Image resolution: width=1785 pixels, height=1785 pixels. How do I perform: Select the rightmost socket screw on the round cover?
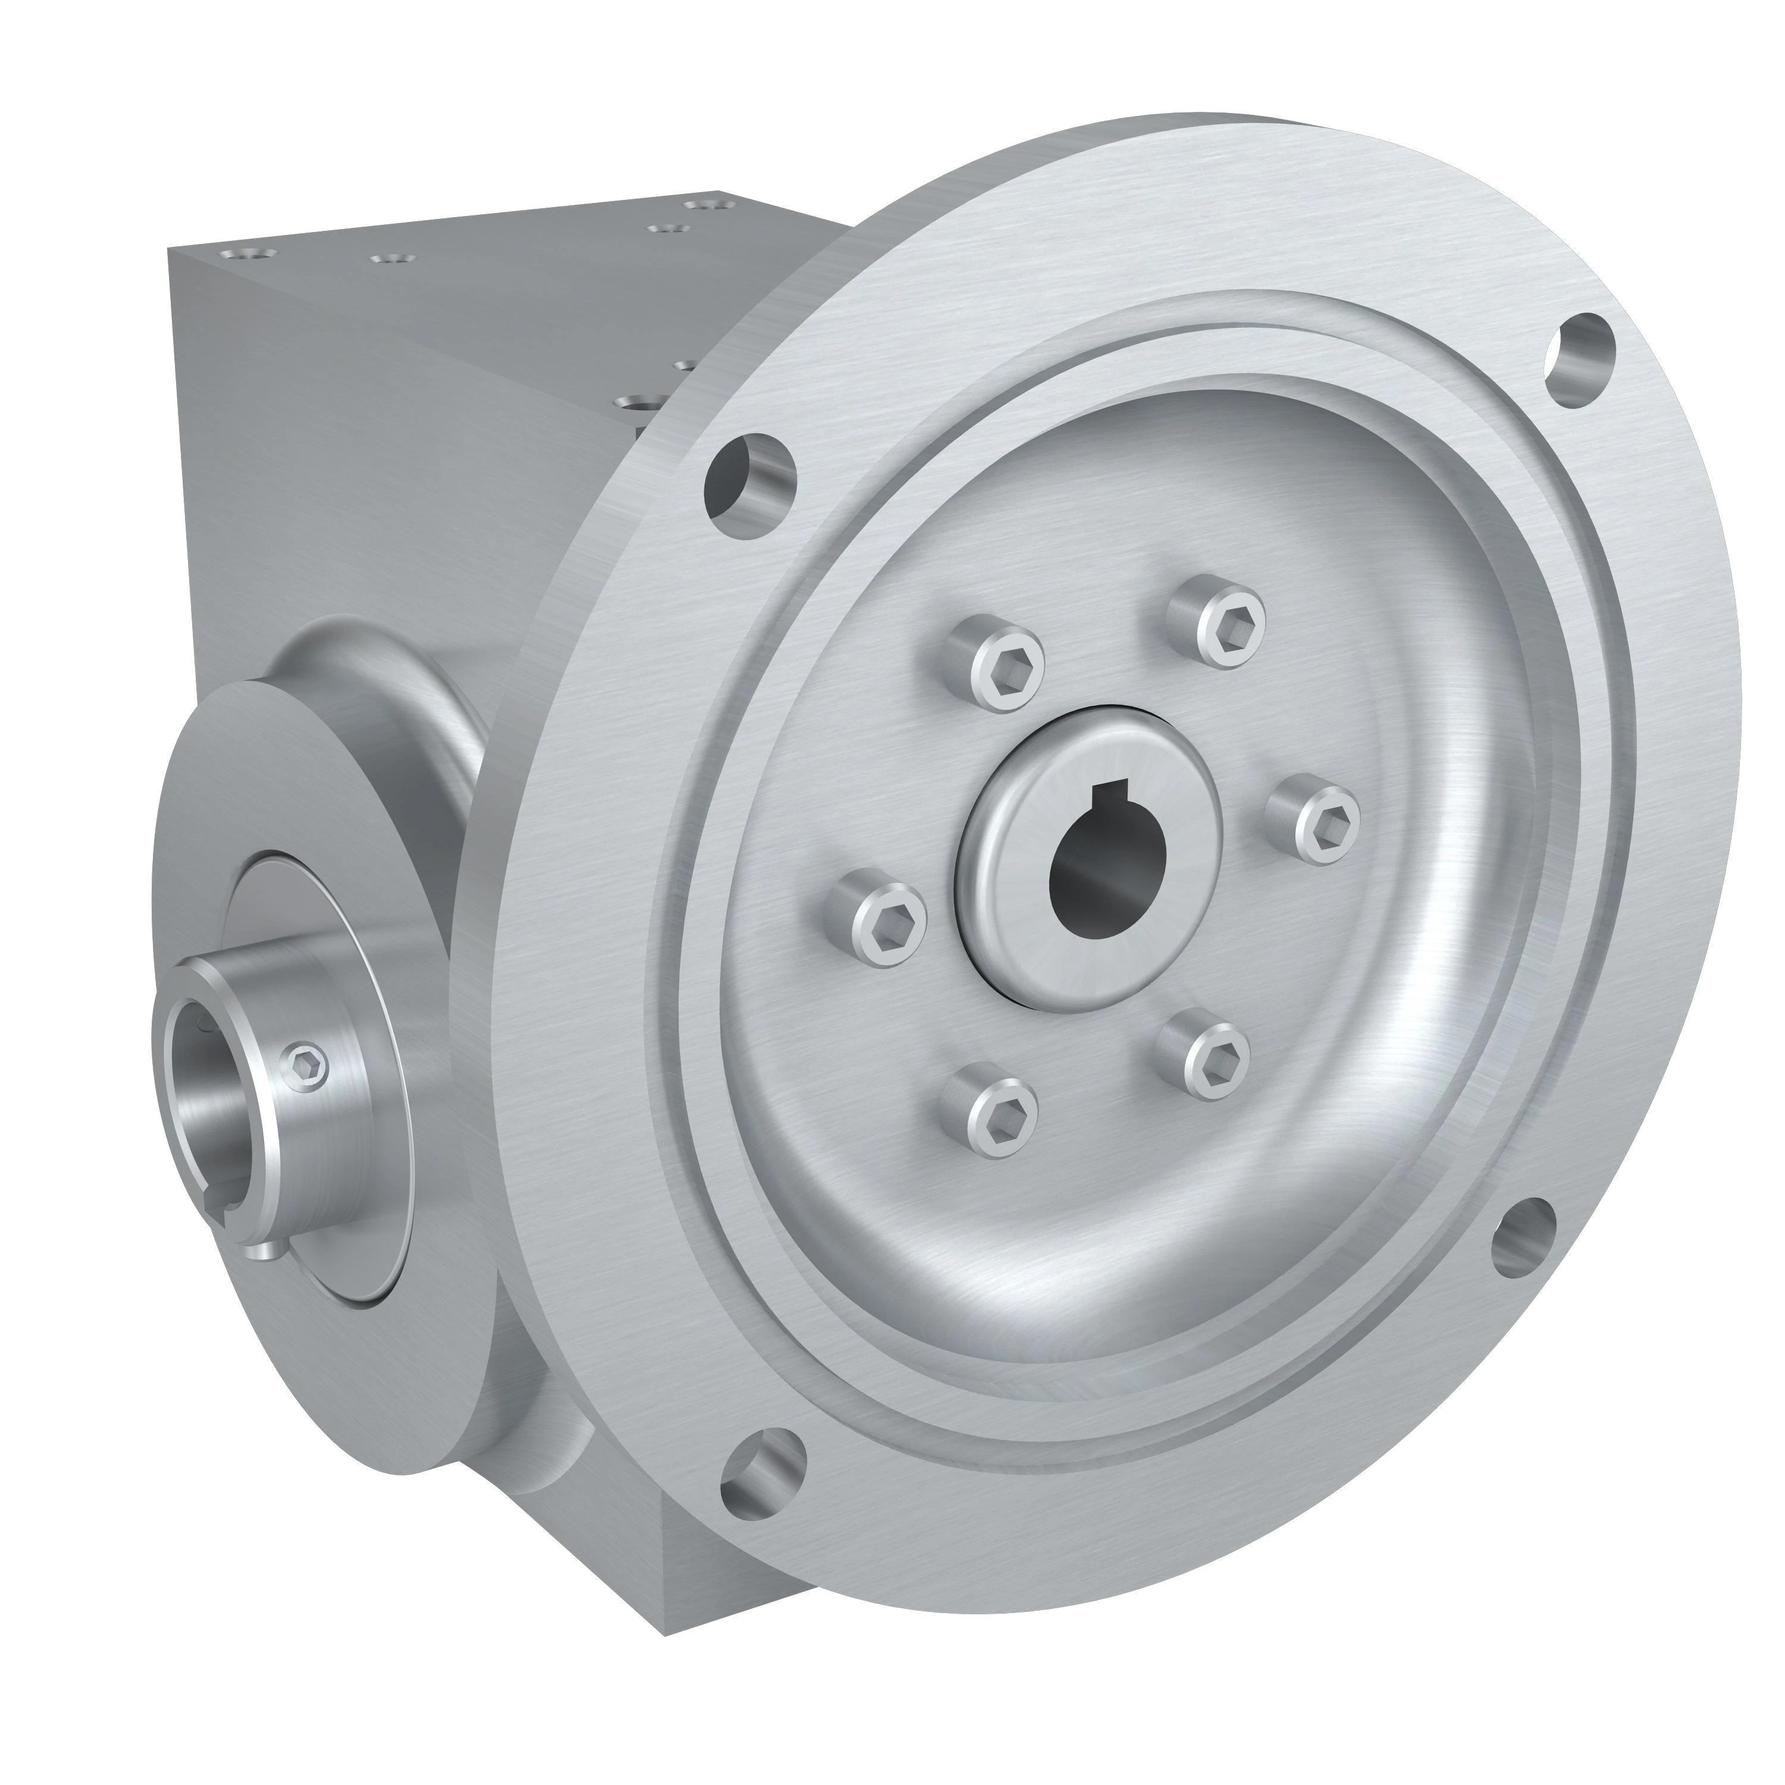click(x=1315, y=819)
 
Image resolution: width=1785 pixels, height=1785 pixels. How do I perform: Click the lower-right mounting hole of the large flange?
click(x=1526, y=1240)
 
